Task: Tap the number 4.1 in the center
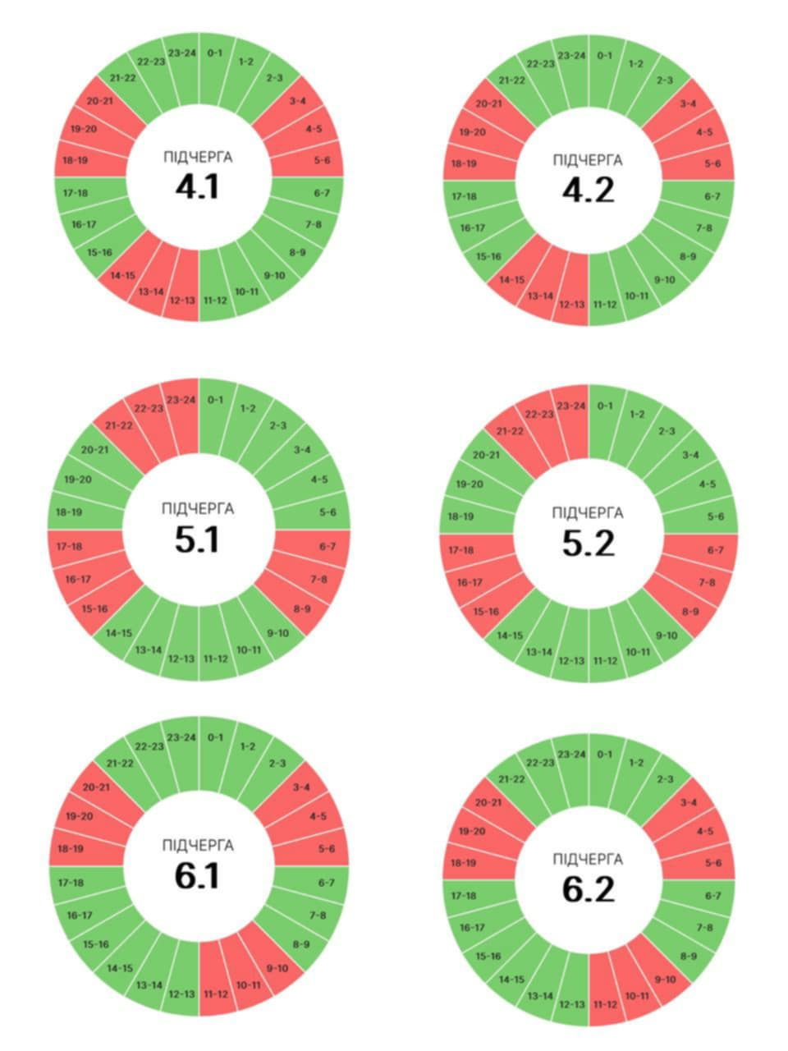[198, 186]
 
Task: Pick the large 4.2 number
[589, 190]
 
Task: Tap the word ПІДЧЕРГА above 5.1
[198, 508]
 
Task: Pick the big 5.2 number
[589, 544]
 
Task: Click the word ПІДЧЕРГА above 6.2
[588, 860]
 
